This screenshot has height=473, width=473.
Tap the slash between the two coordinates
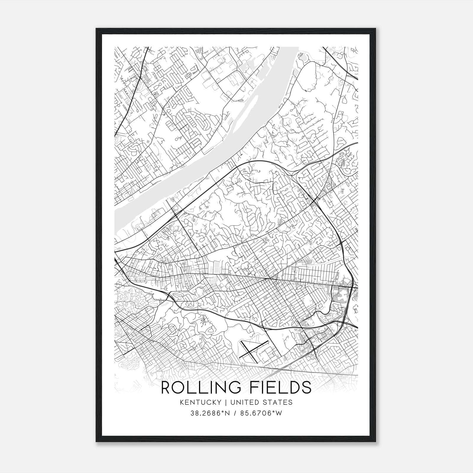235,413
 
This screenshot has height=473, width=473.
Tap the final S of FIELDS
306,388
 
